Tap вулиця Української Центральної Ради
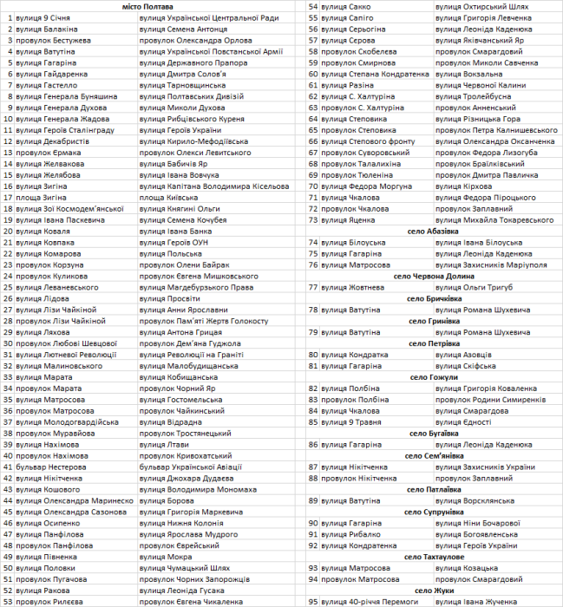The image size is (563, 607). [208, 18]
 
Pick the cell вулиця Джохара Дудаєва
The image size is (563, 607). [182, 478]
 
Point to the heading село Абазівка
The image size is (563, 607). [434, 232]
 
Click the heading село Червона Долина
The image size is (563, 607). [434, 276]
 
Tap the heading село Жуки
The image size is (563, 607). [434, 590]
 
